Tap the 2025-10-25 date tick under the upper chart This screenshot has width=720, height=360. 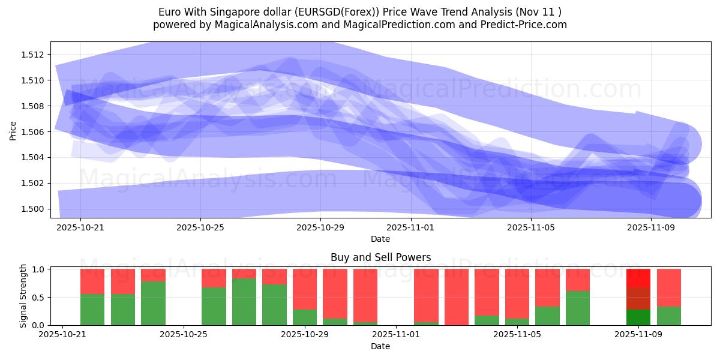(x=200, y=227)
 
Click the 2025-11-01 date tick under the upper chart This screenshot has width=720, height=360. (x=410, y=227)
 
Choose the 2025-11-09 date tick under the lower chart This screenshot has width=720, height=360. (x=638, y=335)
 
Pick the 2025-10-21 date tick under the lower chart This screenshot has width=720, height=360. (x=62, y=335)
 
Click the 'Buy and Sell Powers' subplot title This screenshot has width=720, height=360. (x=380, y=257)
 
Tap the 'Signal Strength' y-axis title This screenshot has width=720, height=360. (x=23, y=296)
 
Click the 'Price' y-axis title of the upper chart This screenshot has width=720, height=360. (x=13, y=130)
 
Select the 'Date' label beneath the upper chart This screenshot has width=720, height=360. (x=380, y=239)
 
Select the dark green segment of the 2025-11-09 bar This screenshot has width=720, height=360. (x=638, y=317)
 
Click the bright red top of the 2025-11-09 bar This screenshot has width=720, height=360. (x=638, y=278)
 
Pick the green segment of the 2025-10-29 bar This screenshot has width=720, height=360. (x=305, y=317)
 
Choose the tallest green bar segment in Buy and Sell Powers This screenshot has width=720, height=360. (x=244, y=302)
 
